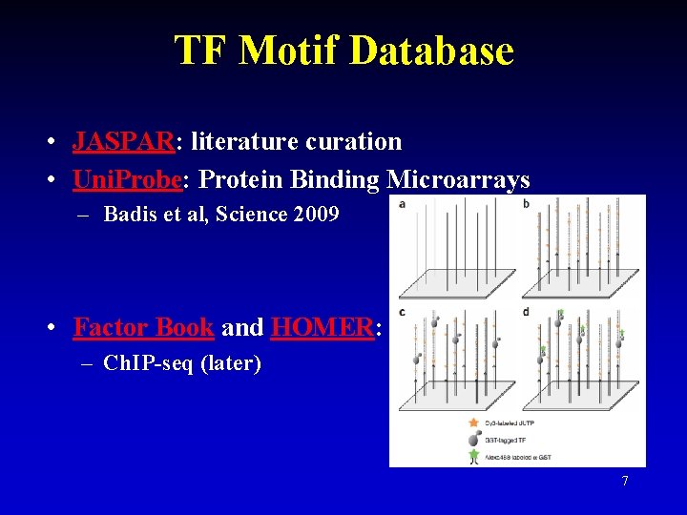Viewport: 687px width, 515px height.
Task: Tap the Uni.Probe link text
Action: coord(128,179)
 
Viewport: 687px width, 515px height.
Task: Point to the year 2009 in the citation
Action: coord(317,214)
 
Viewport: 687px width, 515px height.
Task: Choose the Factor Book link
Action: coord(143,327)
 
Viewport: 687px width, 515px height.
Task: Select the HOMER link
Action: coord(323,327)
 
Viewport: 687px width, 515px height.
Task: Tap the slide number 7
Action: coord(625,481)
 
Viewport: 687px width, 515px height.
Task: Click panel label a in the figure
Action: coord(403,204)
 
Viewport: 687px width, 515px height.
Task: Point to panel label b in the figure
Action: coord(526,204)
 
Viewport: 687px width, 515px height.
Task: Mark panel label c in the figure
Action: coord(403,312)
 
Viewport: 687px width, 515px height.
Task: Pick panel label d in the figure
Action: coord(526,312)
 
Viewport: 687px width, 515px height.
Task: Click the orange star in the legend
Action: coord(473,422)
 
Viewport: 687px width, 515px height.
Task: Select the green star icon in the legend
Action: coord(473,457)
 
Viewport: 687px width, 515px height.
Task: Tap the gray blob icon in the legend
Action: coord(473,439)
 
